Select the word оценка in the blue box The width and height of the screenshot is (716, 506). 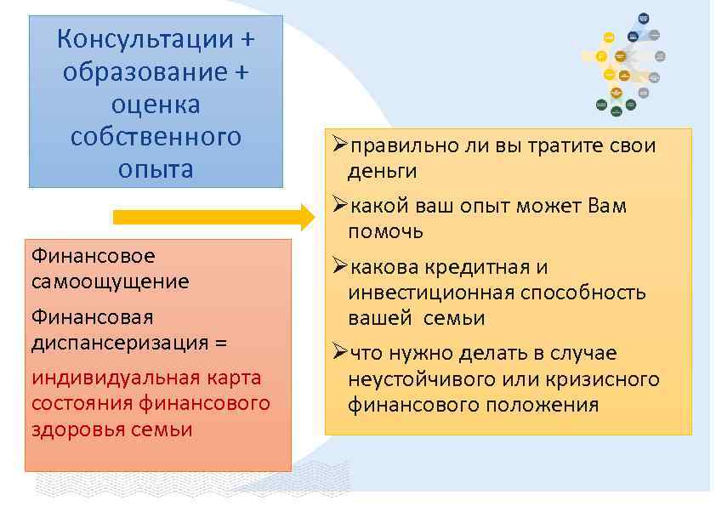[x=156, y=105]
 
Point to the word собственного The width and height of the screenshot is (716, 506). [x=156, y=136]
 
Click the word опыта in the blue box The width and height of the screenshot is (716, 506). [x=156, y=168]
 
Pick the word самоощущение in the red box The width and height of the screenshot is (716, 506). [x=110, y=281]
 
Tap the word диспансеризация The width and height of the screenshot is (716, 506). [x=119, y=343]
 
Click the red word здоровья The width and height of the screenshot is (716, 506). [x=77, y=429]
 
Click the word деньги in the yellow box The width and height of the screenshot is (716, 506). [x=382, y=171]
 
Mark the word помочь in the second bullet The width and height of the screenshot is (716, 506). [x=385, y=231]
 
